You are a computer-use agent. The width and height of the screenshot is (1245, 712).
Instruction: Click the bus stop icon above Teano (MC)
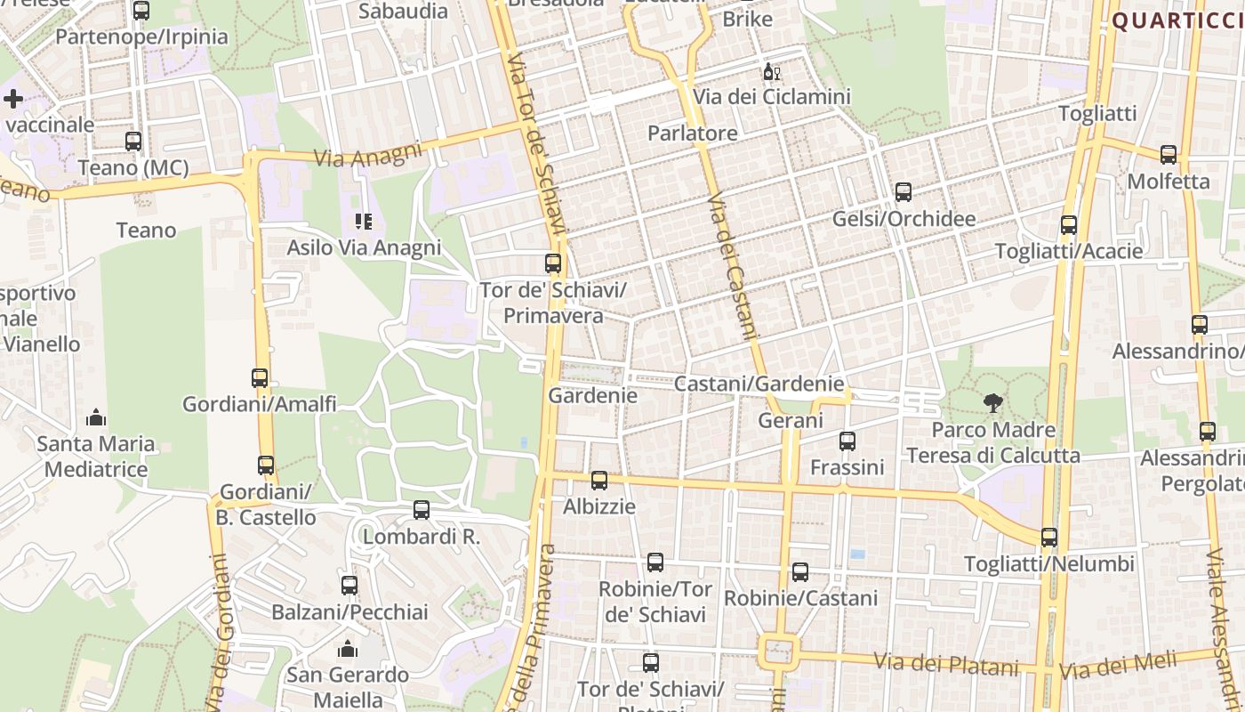pyautogui.click(x=133, y=141)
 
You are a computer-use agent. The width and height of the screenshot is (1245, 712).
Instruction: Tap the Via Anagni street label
pyautogui.click(x=369, y=155)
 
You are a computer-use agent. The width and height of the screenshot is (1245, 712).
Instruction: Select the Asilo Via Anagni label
pyautogui.click(x=364, y=247)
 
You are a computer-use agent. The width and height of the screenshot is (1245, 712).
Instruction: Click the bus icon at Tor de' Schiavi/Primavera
pyautogui.click(x=553, y=263)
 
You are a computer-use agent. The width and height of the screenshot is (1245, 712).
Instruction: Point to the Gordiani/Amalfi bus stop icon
pyautogui.click(x=260, y=377)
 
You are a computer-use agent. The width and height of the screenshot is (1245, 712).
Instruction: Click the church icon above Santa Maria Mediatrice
pyautogui.click(x=96, y=417)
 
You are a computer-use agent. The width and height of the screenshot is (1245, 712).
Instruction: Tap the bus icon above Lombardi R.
pyautogui.click(x=422, y=510)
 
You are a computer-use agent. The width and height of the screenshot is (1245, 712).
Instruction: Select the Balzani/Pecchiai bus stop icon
pyautogui.click(x=349, y=585)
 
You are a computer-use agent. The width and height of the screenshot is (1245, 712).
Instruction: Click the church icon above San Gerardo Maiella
pyautogui.click(x=348, y=649)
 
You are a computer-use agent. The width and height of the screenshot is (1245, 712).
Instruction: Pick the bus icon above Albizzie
pyautogui.click(x=599, y=480)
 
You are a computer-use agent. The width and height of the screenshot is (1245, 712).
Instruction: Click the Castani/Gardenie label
pyautogui.click(x=759, y=384)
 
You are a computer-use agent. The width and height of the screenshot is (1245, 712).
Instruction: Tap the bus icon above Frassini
pyautogui.click(x=847, y=441)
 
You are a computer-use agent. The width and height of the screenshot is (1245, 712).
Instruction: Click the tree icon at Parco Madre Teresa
pyautogui.click(x=992, y=403)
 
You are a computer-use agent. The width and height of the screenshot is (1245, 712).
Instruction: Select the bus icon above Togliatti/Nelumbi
pyautogui.click(x=1049, y=537)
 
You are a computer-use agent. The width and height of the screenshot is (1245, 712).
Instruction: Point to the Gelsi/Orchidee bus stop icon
pyautogui.click(x=904, y=191)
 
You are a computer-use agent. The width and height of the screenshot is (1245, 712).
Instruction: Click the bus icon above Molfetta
pyautogui.click(x=1169, y=154)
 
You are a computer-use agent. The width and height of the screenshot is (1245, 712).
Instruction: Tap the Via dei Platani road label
pyautogui.click(x=945, y=664)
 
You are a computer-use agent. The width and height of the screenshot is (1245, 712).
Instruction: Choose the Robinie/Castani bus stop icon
pyautogui.click(x=800, y=571)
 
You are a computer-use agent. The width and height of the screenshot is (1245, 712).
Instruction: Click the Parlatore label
pyautogui.click(x=693, y=133)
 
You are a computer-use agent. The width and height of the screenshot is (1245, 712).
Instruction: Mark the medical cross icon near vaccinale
pyautogui.click(x=13, y=99)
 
